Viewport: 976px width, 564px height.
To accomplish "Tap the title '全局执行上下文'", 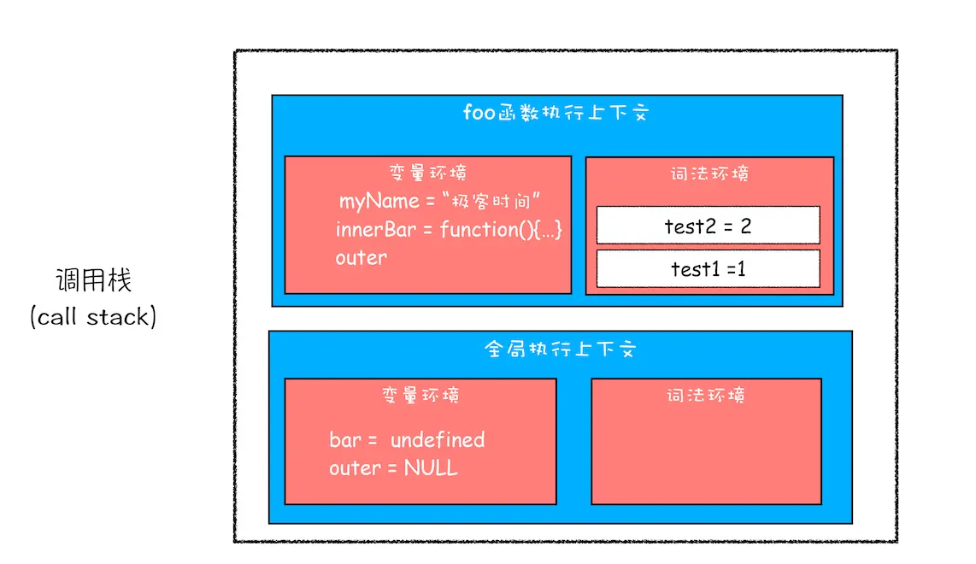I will pyautogui.click(x=561, y=350).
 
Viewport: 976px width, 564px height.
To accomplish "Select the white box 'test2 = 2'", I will pyautogui.click(x=708, y=226).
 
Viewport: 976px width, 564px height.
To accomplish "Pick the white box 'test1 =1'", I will pyautogui.click(x=708, y=268).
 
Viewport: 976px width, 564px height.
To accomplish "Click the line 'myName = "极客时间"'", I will pyautogui.click(x=442, y=202).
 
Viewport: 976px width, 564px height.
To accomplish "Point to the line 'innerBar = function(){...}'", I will pyautogui.click(x=449, y=230).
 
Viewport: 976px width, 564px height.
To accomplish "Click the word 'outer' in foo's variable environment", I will pyautogui.click(x=361, y=257).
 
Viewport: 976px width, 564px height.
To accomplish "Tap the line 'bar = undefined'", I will pyautogui.click(x=407, y=440).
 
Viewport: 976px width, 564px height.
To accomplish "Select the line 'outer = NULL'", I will pyautogui.click(x=393, y=468).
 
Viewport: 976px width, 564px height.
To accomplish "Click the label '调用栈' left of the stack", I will pyautogui.click(x=94, y=280).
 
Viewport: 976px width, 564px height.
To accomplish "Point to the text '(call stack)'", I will pyautogui.click(x=93, y=317).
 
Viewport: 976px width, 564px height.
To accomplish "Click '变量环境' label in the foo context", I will pyautogui.click(x=427, y=173).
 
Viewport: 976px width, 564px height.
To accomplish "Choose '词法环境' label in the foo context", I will pyautogui.click(x=709, y=174).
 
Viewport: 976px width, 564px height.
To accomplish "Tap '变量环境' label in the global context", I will pyautogui.click(x=420, y=396).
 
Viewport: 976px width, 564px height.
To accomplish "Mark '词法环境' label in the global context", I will pyautogui.click(x=706, y=396).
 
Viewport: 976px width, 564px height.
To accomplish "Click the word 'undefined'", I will pyautogui.click(x=438, y=440).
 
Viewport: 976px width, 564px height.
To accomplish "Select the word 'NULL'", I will pyautogui.click(x=431, y=468).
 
